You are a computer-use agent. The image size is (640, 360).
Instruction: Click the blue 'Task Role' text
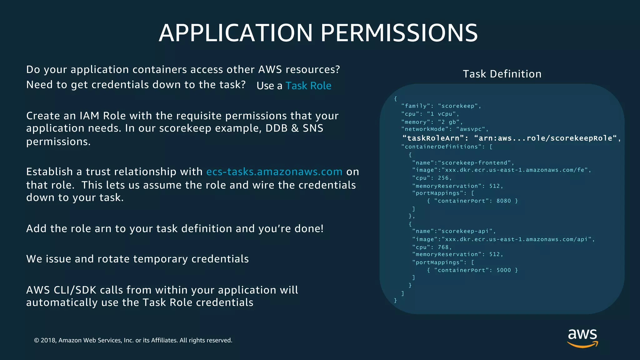(x=308, y=86)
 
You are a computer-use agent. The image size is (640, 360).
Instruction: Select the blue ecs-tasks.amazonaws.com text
(x=274, y=172)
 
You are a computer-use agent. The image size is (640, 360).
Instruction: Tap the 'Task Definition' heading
(x=502, y=74)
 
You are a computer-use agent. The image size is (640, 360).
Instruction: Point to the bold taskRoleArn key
(x=433, y=138)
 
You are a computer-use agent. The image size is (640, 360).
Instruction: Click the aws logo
(x=582, y=337)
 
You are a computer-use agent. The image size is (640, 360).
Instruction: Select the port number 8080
(x=503, y=201)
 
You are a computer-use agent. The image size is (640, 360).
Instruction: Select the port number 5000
(x=503, y=270)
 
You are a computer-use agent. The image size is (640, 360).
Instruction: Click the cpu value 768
(x=443, y=247)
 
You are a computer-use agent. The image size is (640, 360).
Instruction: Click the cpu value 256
(x=443, y=178)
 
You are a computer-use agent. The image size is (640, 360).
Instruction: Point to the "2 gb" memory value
(x=448, y=122)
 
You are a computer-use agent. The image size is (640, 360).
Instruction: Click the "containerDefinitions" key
(x=441, y=147)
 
